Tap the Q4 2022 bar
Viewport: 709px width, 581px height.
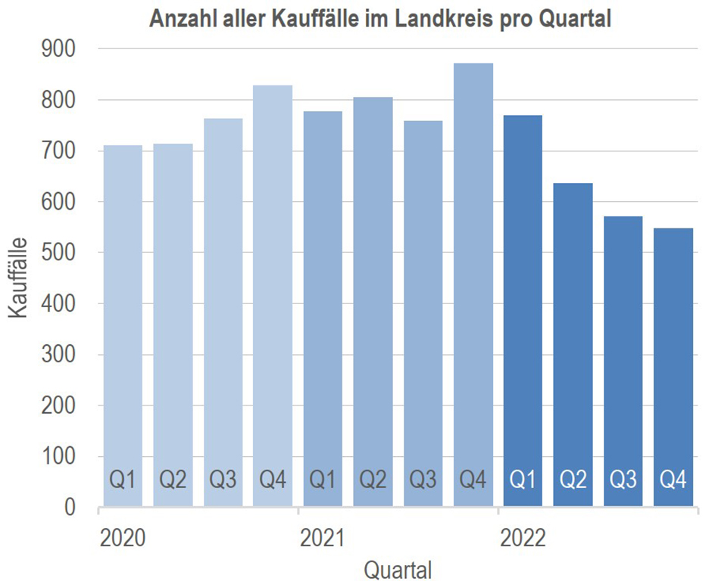tap(673, 363)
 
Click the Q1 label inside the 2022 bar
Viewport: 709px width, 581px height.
tap(523, 480)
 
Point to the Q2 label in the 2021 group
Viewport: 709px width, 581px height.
tap(373, 480)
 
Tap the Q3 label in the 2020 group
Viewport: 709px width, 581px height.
tap(223, 480)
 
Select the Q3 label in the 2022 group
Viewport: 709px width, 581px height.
tap(623, 480)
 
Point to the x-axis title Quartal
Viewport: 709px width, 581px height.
tap(398, 567)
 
